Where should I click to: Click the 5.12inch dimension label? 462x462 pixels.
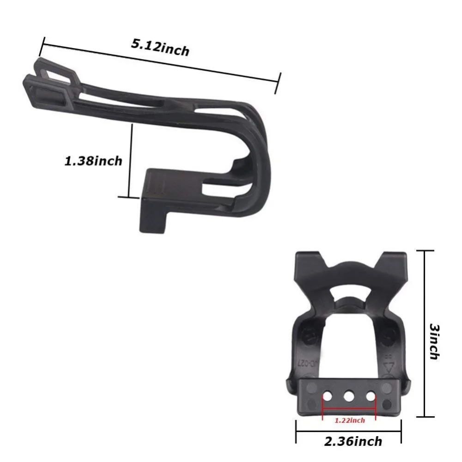pos(160,48)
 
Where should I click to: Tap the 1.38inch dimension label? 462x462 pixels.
pos(93,161)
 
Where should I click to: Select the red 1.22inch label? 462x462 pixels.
pos(350,420)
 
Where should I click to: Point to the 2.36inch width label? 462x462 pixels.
pos(353,441)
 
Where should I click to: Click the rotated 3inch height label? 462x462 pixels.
pos(434,341)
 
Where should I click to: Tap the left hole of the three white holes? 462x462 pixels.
pos(327,396)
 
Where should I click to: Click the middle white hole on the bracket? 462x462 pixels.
pos(349,396)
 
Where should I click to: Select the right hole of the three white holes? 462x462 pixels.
pos(371,396)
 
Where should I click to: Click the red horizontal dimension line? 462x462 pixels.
pos(349,409)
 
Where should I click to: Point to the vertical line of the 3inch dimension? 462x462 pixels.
pos(425,334)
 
